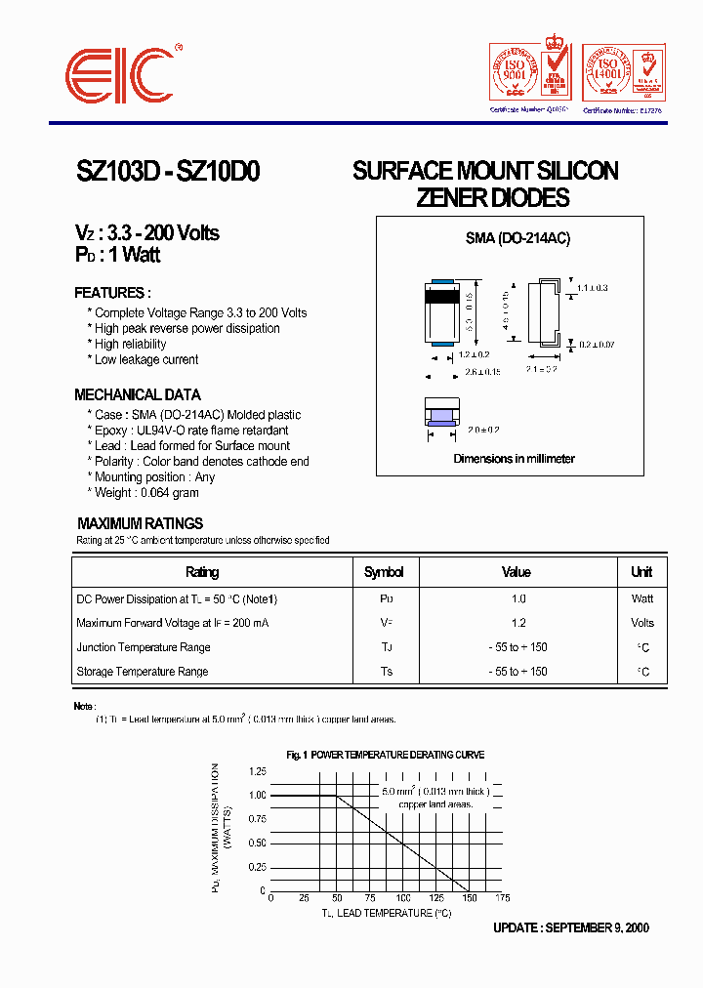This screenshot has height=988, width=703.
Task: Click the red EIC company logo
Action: click(x=121, y=73)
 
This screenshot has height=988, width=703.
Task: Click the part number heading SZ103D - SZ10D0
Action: click(x=168, y=172)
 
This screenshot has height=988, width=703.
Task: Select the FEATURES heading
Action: click(x=112, y=293)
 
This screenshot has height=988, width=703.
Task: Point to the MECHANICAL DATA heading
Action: click(x=138, y=394)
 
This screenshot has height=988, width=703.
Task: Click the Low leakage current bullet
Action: click(x=145, y=359)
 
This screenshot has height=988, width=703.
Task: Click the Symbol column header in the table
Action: click(x=384, y=572)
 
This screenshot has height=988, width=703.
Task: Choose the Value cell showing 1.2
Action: click(x=518, y=623)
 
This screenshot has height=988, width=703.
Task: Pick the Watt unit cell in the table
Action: click(x=641, y=598)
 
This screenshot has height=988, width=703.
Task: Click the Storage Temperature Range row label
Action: click(x=142, y=672)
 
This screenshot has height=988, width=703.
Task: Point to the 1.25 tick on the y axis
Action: click(x=256, y=771)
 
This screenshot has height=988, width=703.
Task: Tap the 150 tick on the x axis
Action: click(x=470, y=898)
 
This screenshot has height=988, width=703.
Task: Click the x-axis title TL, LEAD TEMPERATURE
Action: click(x=387, y=913)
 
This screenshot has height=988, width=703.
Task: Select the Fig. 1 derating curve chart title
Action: click(x=386, y=755)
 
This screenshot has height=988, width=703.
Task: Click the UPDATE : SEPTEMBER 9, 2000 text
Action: click(x=570, y=928)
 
